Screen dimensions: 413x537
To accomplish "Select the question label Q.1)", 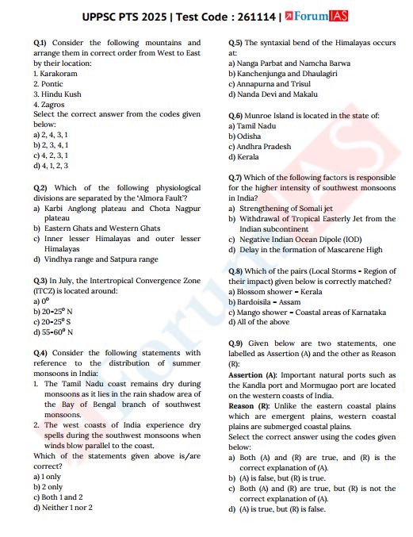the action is (x=40, y=43).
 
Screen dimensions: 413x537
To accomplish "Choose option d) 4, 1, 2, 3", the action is (x=51, y=166).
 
